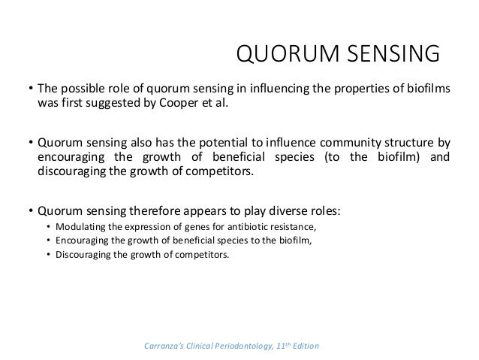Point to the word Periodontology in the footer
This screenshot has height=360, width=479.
pos(243,345)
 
